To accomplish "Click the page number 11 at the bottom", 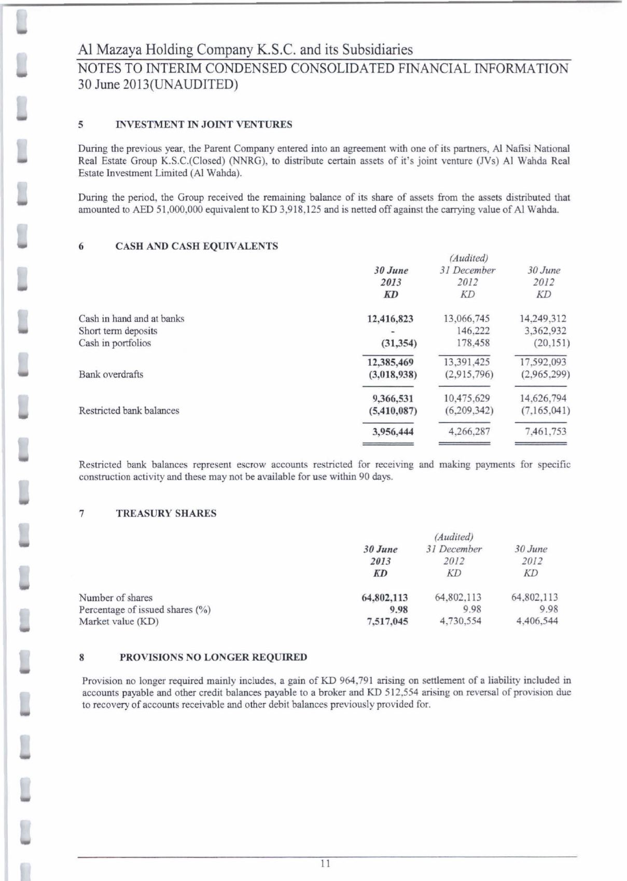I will click(x=325, y=864).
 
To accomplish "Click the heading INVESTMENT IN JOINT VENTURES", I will click(x=204, y=124).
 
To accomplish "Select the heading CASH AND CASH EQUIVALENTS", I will click(x=197, y=246).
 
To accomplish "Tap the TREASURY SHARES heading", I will click(x=166, y=513).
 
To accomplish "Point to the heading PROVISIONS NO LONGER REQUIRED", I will click(x=213, y=657).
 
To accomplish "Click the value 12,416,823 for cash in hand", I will click(x=390, y=319).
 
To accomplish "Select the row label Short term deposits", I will click(x=118, y=331).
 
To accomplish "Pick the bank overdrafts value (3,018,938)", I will click(x=393, y=374).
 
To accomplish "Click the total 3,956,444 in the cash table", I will click(x=393, y=431).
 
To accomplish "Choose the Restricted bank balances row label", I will click(x=129, y=411).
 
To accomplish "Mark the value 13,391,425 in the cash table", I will click(x=467, y=362).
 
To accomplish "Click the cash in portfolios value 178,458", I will click(x=473, y=343).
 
